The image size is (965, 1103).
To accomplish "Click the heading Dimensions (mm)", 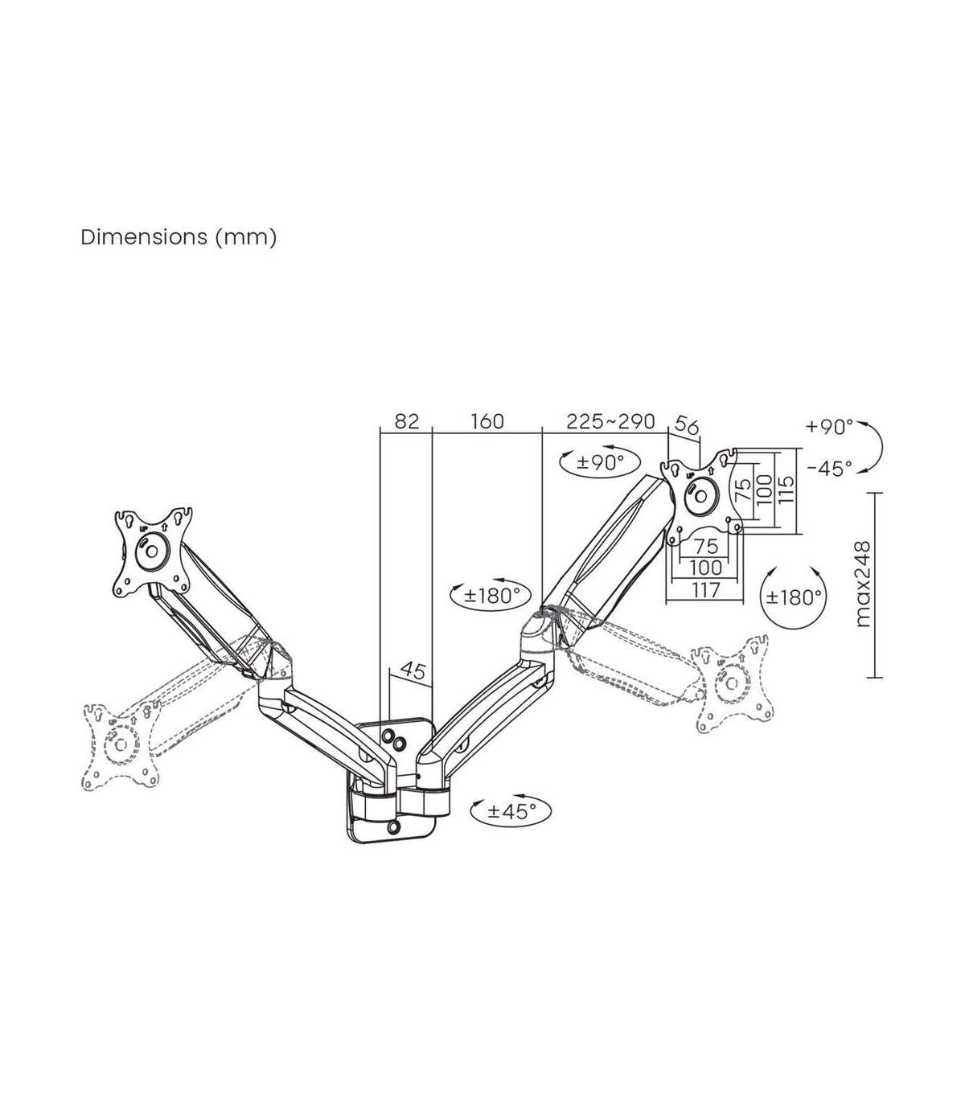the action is pyautogui.click(x=179, y=237).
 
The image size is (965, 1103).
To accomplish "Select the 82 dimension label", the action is pyautogui.click(x=406, y=421).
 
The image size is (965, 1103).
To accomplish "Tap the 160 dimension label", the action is pyautogui.click(x=487, y=421).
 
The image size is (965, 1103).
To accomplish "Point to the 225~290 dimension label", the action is pyautogui.click(x=610, y=421).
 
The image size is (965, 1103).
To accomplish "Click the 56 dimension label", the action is pyautogui.click(x=687, y=425).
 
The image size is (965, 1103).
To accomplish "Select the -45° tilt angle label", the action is pyautogui.click(x=830, y=469).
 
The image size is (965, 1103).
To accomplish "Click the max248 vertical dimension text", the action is pyautogui.click(x=863, y=585).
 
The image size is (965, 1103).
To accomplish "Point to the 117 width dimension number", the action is pyautogui.click(x=706, y=590).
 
